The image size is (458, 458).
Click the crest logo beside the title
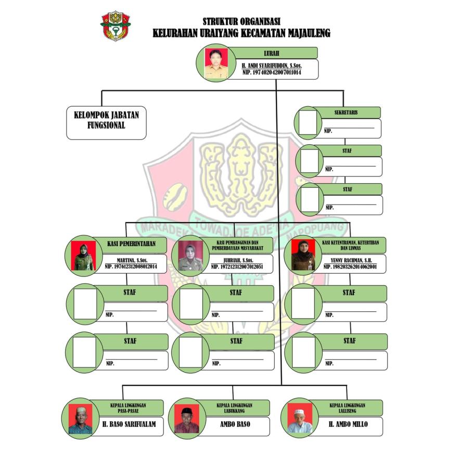coord(115,26)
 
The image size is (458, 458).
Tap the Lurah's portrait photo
coord(213,64)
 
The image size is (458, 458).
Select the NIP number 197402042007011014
coord(272,73)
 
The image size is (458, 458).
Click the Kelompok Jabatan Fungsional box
coord(106,123)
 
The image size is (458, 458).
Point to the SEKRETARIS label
coord(345,112)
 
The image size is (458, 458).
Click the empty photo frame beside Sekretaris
coord(308,123)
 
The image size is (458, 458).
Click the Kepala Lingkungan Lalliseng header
coord(347,407)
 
